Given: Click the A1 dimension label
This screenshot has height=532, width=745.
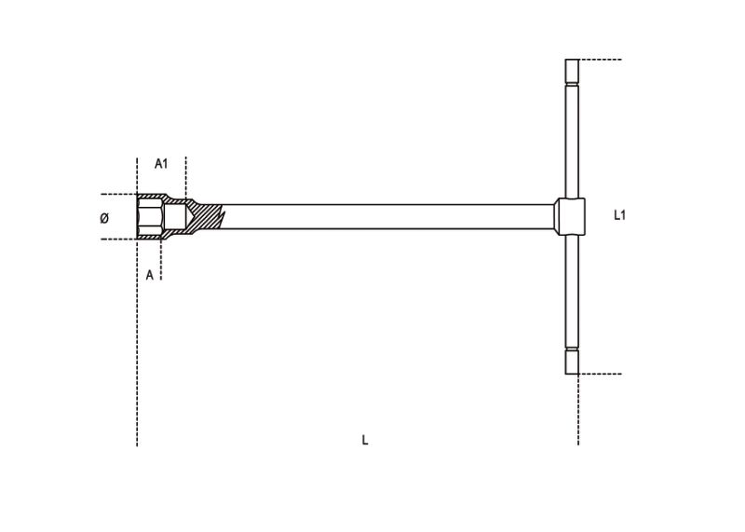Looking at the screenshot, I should (x=161, y=164).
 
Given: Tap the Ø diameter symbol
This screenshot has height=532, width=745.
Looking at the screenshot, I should (x=103, y=218).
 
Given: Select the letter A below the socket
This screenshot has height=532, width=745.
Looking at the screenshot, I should (x=149, y=275).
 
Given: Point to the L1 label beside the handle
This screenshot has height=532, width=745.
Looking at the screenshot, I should (x=620, y=215).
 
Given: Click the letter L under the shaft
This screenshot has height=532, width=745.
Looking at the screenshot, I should (x=365, y=440).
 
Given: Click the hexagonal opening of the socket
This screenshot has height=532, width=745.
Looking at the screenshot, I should (x=149, y=216).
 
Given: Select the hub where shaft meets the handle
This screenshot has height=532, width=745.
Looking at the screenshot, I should (x=571, y=216).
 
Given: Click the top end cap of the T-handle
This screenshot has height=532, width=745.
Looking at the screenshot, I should (x=572, y=71).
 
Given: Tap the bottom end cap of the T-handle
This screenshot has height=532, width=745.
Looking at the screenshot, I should (x=572, y=361).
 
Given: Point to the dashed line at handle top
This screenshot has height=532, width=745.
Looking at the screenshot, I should (x=601, y=60).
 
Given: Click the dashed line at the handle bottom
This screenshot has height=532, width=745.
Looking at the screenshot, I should (x=601, y=374).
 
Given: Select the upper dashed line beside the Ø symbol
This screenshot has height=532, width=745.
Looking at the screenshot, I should (x=117, y=195).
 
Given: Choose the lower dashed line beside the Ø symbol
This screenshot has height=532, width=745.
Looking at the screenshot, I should (x=117, y=239).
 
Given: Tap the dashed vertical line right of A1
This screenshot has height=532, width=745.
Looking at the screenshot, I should (x=186, y=177).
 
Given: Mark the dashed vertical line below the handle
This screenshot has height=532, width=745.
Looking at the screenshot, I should (x=577, y=410).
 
